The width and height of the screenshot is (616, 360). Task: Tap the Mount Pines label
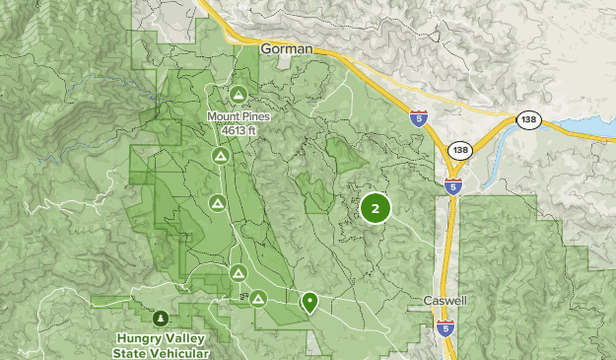click(x=239, y=115)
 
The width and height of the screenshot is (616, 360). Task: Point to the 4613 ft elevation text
click(x=239, y=128)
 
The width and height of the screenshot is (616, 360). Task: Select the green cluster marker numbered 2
click(x=376, y=208)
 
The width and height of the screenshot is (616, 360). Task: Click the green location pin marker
click(x=309, y=302)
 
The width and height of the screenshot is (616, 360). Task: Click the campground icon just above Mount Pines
click(x=239, y=95)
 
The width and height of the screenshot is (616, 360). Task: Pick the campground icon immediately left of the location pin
click(x=258, y=298)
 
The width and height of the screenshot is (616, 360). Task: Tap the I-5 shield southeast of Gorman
click(x=419, y=116)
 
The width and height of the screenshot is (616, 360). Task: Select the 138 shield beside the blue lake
click(x=528, y=118)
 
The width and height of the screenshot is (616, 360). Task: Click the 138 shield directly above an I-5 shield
click(x=458, y=150)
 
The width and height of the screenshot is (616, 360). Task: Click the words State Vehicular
click(x=161, y=351)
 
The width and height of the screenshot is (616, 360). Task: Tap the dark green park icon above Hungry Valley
click(x=161, y=318)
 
